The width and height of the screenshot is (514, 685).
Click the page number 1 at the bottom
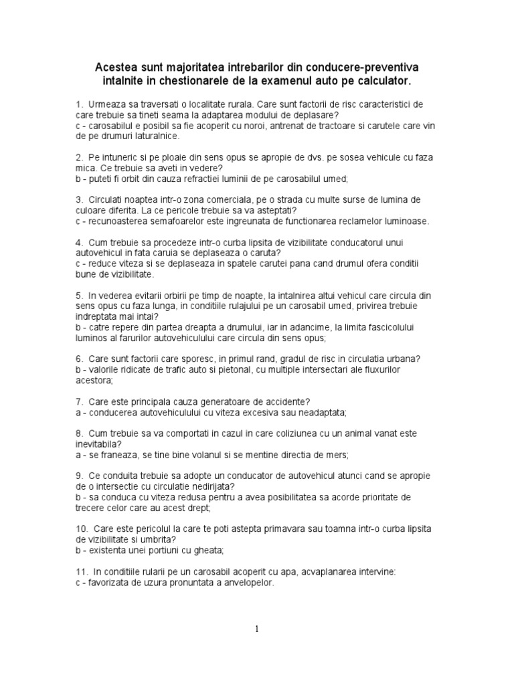pyautogui.click(x=257, y=629)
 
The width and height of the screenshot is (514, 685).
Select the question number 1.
pyautogui.click(x=79, y=105)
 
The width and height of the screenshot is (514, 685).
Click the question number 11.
pyautogui.click(x=81, y=572)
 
